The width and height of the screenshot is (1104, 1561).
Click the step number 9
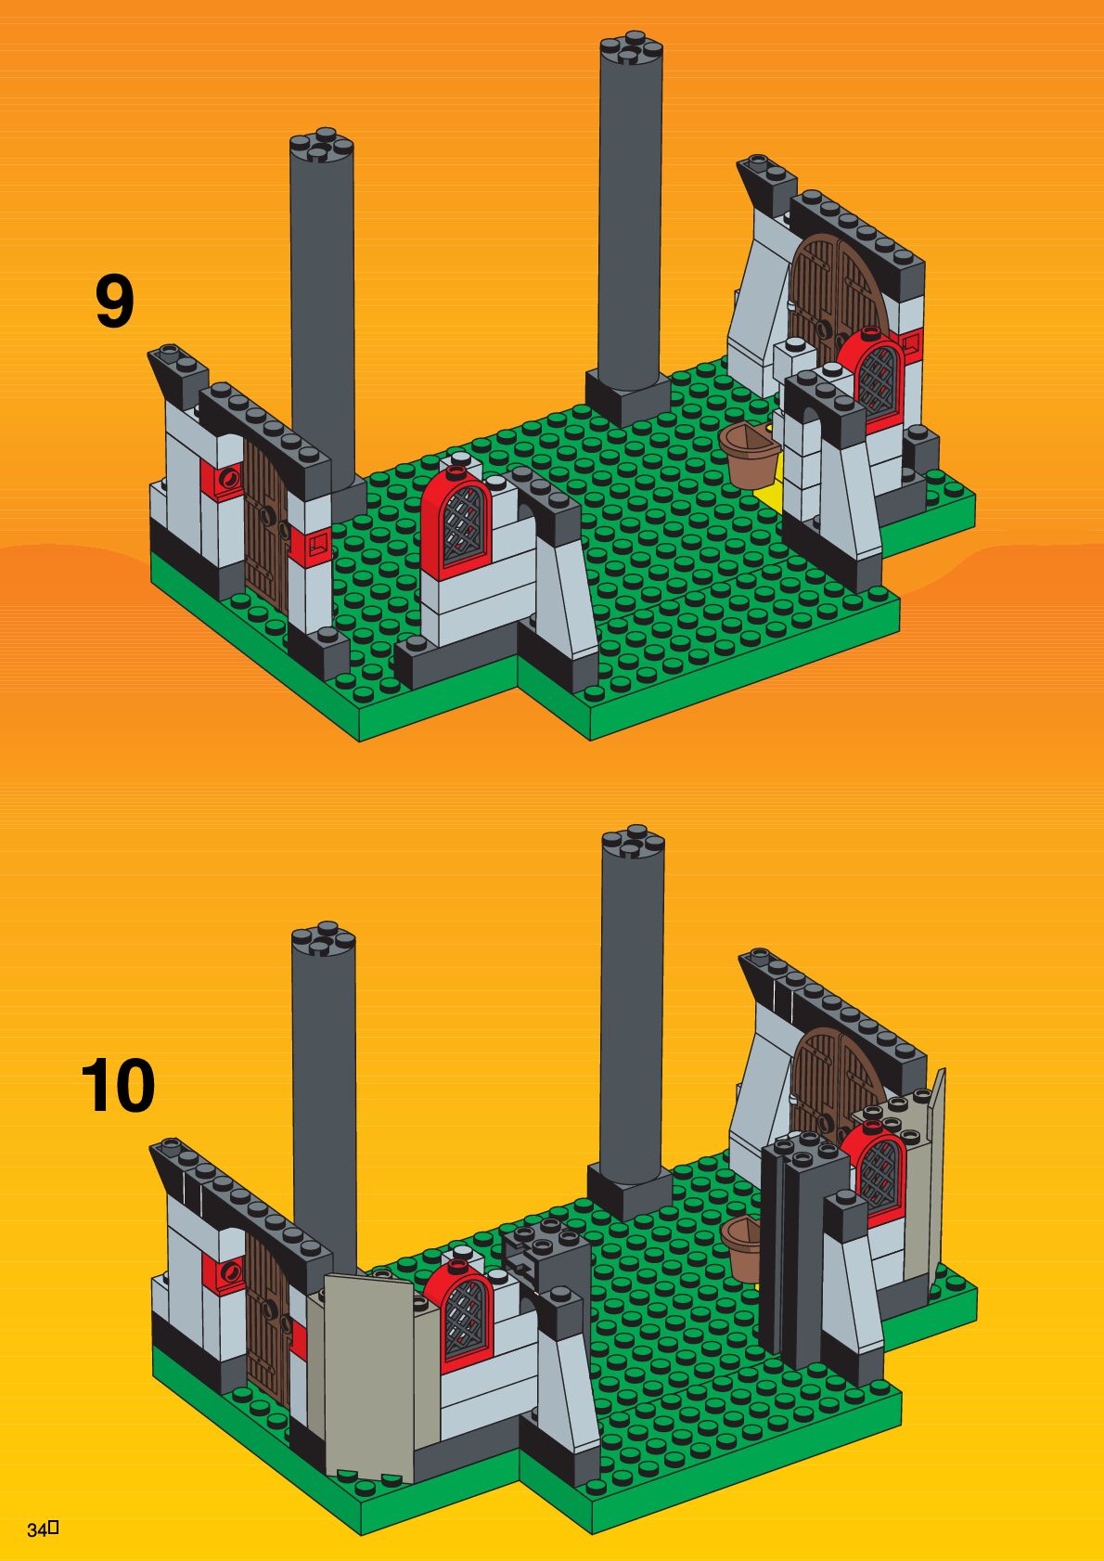114,302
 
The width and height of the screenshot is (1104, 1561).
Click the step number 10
118,1087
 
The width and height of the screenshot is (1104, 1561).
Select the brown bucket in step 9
749,456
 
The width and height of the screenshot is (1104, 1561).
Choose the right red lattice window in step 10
879,1165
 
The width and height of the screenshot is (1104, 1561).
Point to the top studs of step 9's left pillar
321,144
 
